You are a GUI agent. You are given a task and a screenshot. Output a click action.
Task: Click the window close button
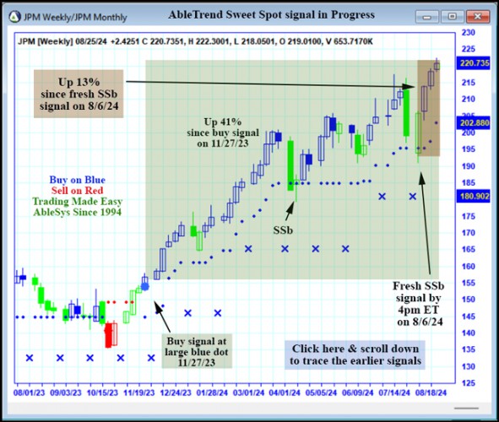tap(476, 15)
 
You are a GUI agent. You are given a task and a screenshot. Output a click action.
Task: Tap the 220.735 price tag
tap(474, 62)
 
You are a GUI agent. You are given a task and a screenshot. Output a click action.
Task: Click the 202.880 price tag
tap(474, 122)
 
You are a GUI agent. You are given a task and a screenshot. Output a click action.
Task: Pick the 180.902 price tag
tap(474, 196)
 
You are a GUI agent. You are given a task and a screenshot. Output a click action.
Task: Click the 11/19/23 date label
tap(142, 392)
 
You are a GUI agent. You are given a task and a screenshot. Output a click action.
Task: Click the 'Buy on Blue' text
tap(77, 179)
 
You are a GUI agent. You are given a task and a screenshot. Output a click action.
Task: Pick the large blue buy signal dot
tap(144, 287)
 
